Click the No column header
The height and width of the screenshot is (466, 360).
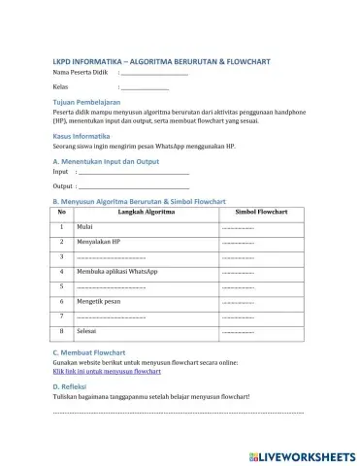tap(62, 211)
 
